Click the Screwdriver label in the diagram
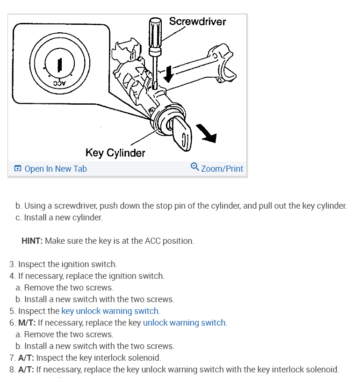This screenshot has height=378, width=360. click(197, 22)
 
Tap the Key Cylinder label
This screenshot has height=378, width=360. click(115, 153)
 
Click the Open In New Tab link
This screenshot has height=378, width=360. click(55, 168)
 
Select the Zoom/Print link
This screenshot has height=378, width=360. click(222, 168)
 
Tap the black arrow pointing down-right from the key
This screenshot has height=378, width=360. click(207, 132)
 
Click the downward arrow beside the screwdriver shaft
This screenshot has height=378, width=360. click(168, 73)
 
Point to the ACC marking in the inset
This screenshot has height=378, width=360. click(59, 83)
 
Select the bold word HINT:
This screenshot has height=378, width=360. click(32, 241)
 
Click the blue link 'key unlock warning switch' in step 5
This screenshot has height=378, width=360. click(110, 311)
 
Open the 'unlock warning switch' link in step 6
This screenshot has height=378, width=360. click(184, 323)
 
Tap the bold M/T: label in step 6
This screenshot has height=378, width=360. click(27, 323)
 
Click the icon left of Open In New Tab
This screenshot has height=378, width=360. click(18, 168)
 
